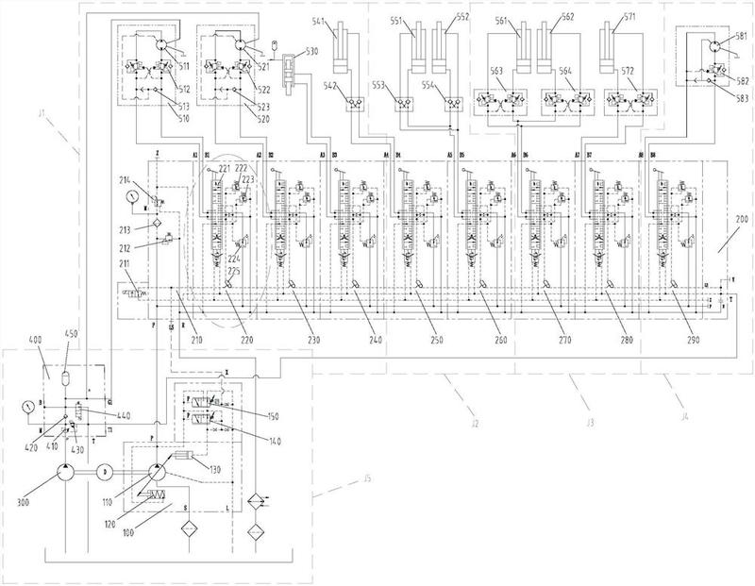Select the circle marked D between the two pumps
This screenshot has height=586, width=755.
[106, 470]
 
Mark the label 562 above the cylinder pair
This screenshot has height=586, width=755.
[568, 16]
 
